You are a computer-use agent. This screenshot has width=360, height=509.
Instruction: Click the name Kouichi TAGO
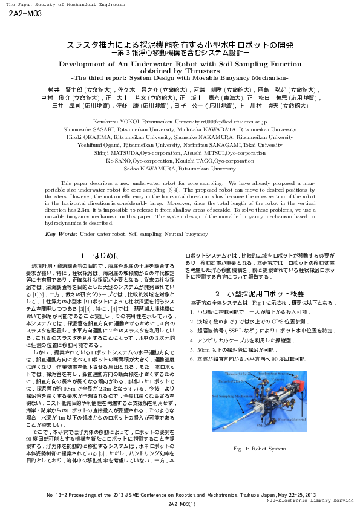tap(218, 161)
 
